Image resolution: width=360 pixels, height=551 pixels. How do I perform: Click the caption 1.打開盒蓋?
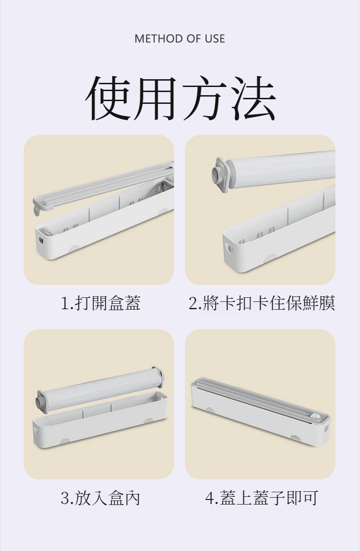100,303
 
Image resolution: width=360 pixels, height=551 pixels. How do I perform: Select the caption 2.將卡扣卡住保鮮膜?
262,303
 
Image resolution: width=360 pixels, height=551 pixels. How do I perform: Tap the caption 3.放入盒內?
100,498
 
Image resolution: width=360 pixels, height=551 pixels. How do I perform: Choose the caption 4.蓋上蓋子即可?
262,498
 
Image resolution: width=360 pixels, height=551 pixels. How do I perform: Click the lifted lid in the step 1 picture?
103,186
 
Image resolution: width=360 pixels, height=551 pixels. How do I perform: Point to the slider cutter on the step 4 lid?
316,417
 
